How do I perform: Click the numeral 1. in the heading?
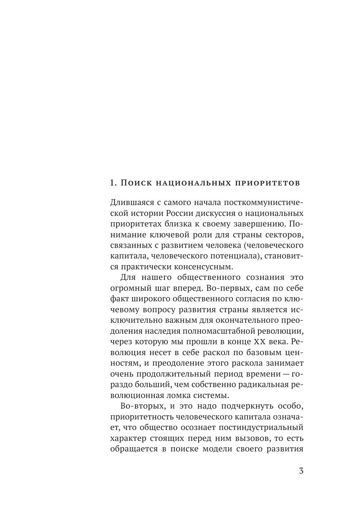114,183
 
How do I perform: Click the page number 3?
301,471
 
